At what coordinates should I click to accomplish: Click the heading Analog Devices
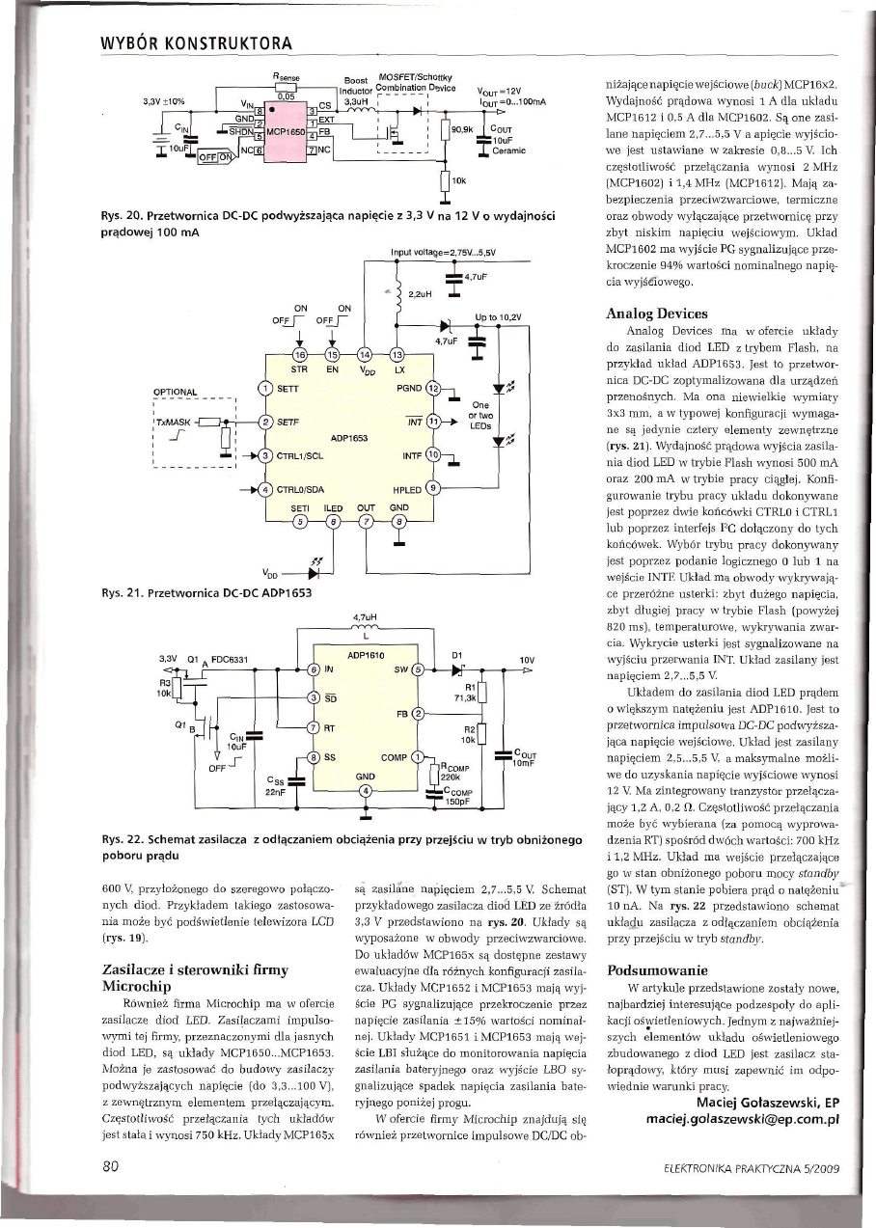tap(656, 314)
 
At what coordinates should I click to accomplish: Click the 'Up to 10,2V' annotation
tap(500, 317)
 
